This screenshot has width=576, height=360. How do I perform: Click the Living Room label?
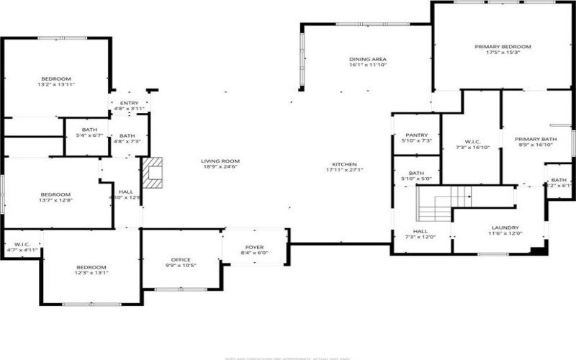point(220,161)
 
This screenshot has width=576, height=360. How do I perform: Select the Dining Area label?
point(368,59)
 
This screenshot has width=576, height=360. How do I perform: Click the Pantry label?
point(417,135)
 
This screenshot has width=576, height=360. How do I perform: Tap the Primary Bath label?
point(535,139)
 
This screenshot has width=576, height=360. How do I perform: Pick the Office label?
point(180,260)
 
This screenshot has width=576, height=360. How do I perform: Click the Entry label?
point(129,104)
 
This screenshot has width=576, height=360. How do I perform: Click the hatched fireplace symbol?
point(153,174)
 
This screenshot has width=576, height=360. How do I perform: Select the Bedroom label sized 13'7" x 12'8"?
point(55,194)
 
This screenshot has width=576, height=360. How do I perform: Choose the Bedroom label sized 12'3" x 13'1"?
point(91,268)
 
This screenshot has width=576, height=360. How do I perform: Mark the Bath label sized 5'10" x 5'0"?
point(416,174)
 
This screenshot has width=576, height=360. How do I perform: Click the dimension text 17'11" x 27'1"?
point(344,170)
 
